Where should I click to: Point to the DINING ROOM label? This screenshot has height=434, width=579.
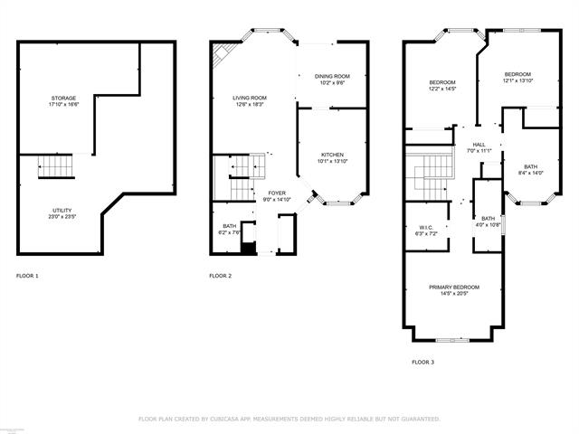[x=332, y=79]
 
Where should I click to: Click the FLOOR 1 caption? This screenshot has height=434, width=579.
[x=28, y=275]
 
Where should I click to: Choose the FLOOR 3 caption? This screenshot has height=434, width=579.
[x=422, y=362]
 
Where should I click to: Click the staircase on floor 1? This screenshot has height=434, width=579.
[x=55, y=168]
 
